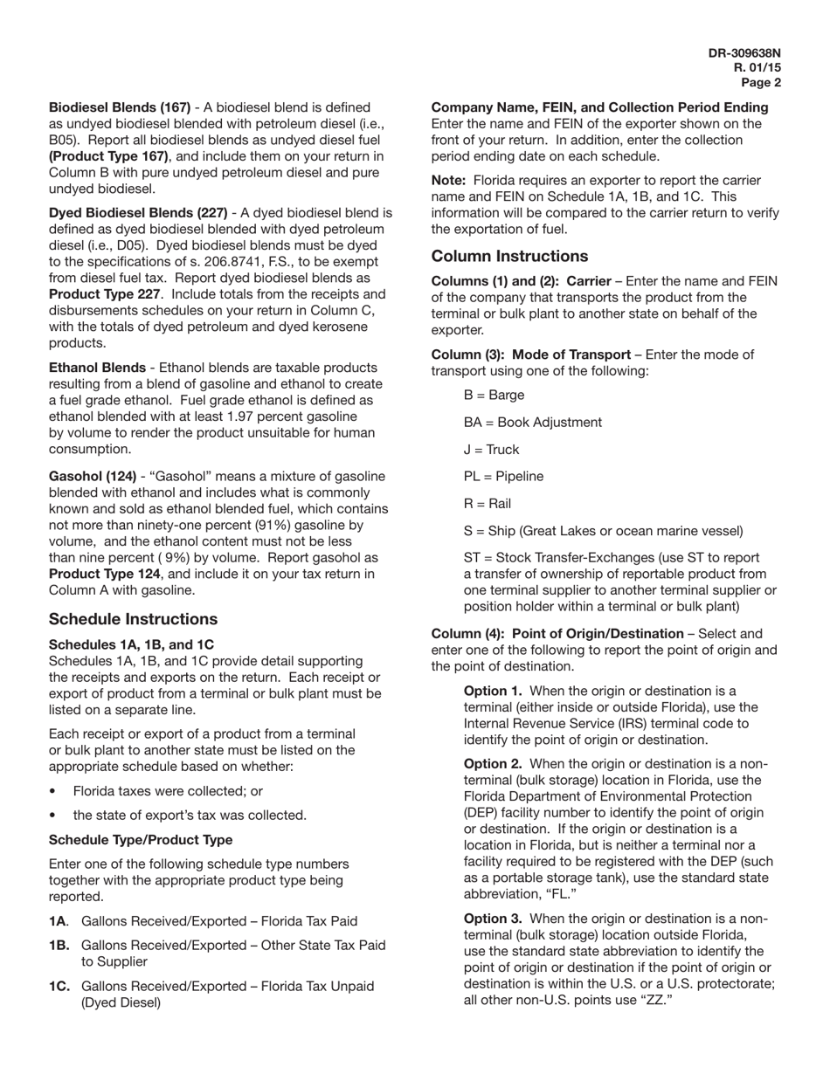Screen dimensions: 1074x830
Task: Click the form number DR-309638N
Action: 744,53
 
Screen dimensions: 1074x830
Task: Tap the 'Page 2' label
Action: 761,83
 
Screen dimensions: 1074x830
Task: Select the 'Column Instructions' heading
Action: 509,256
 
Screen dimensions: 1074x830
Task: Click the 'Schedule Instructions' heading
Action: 133,619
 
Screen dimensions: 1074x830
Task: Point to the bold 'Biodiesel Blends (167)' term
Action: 120,107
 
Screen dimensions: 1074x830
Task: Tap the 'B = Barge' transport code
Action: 494,396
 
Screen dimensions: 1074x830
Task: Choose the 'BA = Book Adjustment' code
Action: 532,423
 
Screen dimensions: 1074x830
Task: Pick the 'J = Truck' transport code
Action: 491,450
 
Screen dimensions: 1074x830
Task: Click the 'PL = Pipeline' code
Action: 503,477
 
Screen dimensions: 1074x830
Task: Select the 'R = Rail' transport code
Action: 488,504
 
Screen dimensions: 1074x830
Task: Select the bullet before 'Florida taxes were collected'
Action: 53,791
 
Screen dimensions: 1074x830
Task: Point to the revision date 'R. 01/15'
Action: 757,68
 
